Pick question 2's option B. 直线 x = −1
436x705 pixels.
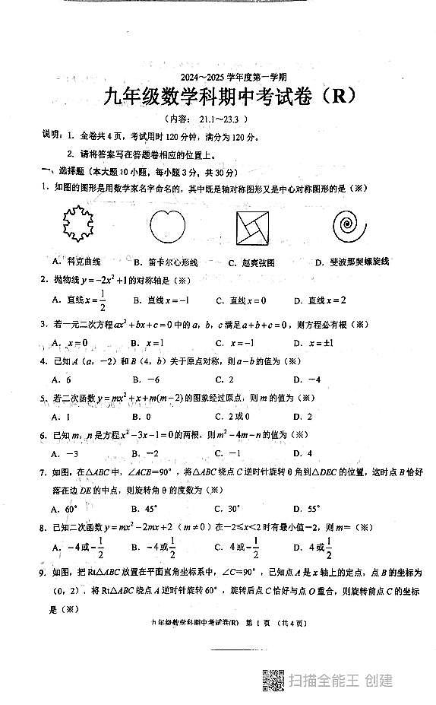coord(161,300)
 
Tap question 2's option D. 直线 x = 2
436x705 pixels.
coord(320,300)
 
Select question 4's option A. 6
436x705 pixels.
coord(62,379)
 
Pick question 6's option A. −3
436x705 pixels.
coord(65,454)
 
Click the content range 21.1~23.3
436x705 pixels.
coord(220,119)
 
